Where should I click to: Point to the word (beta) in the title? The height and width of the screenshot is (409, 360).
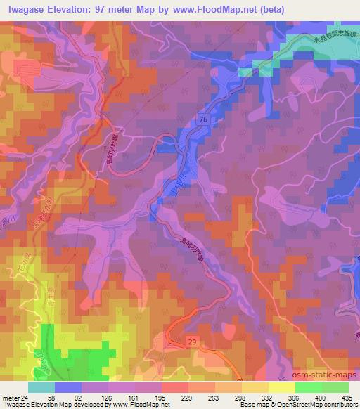click(x=291, y=10)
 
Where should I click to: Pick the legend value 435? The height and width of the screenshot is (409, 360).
click(x=347, y=398)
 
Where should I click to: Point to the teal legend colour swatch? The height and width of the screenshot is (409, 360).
click(x=41, y=387)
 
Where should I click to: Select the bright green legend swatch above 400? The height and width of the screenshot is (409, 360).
click(x=308, y=387)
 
